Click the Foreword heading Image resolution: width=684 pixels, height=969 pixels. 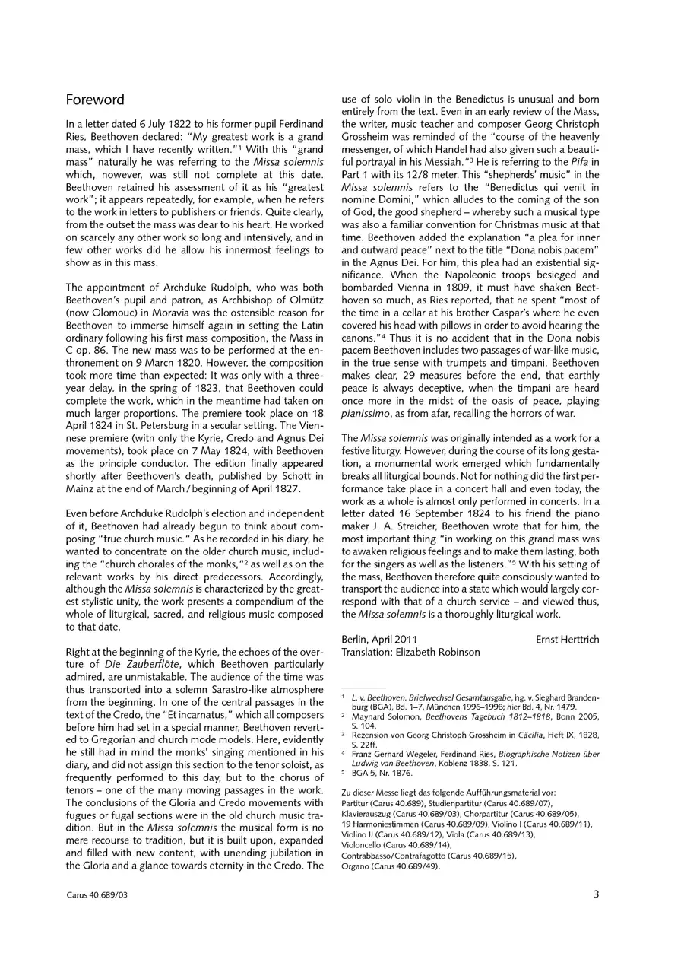(95, 100)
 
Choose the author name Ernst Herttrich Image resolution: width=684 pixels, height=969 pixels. (567, 640)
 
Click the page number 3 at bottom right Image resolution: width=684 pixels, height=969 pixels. (596, 895)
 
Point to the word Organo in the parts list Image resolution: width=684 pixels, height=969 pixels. (358, 866)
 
